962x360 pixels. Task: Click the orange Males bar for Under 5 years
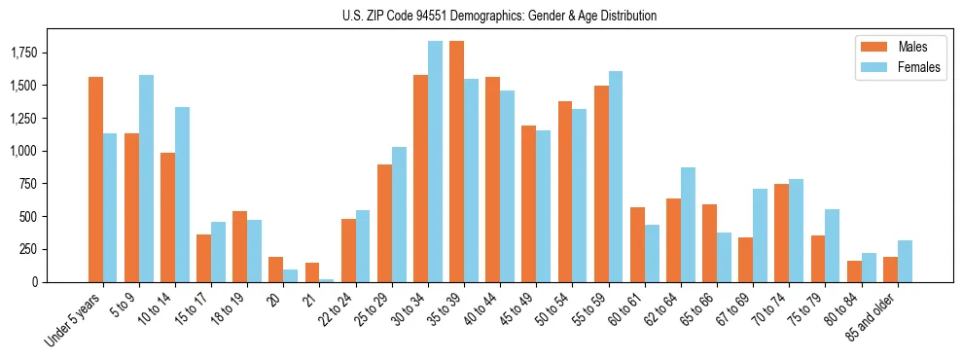[x=95, y=179]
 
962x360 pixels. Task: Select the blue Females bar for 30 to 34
[x=435, y=162]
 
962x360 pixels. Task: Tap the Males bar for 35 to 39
[x=456, y=162]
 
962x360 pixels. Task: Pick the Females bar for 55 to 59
[x=616, y=176]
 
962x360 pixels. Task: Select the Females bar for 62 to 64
[x=688, y=225]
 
